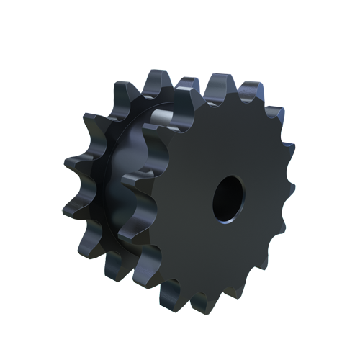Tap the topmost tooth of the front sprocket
pyautogui.click(x=217, y=87)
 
